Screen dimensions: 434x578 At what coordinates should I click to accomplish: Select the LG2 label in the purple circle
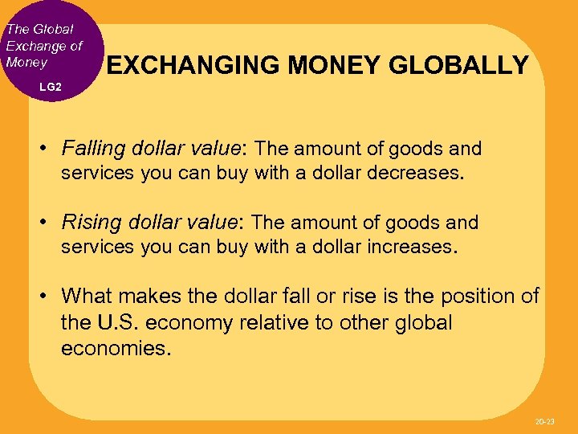coord(50,85)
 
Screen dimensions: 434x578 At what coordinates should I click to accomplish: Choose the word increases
coord(412,247)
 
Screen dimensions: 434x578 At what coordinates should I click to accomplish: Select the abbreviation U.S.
coord(117,323)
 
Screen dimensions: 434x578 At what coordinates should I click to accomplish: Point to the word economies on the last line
coord(116,350)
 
